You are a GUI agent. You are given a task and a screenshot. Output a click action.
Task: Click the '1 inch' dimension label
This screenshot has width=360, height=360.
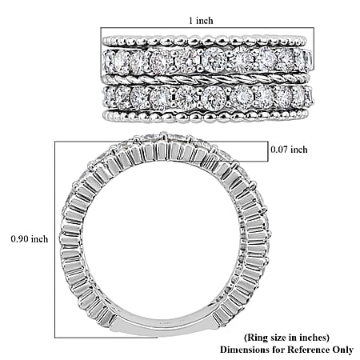(201, 21)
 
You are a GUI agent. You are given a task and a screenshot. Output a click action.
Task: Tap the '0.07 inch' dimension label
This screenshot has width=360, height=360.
(289, 150)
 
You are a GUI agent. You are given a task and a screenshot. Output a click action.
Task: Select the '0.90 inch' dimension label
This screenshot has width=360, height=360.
(30, 238)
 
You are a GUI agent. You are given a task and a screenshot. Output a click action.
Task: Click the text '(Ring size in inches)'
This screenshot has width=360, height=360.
(286, 338)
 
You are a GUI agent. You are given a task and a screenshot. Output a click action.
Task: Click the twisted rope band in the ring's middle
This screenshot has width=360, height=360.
(206, 78)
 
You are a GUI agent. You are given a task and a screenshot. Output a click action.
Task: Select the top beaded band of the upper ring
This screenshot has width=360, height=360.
(205, 41)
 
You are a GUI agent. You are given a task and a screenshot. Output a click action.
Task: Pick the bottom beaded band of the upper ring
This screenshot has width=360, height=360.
(206, 116)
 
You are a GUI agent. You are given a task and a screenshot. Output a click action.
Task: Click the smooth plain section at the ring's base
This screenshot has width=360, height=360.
(165, 323)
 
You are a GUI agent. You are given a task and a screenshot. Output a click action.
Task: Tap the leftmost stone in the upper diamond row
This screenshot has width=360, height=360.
(107, 62)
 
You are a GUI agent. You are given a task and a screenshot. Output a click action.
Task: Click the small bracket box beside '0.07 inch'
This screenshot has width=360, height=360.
(268, 151)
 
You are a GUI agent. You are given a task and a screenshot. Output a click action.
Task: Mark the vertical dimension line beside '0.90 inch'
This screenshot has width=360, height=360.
(55, 239)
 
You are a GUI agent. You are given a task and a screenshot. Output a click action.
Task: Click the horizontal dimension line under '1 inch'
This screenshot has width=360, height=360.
(207, 28)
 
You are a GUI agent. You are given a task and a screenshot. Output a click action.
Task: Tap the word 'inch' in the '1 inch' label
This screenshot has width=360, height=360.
(205, 21)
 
